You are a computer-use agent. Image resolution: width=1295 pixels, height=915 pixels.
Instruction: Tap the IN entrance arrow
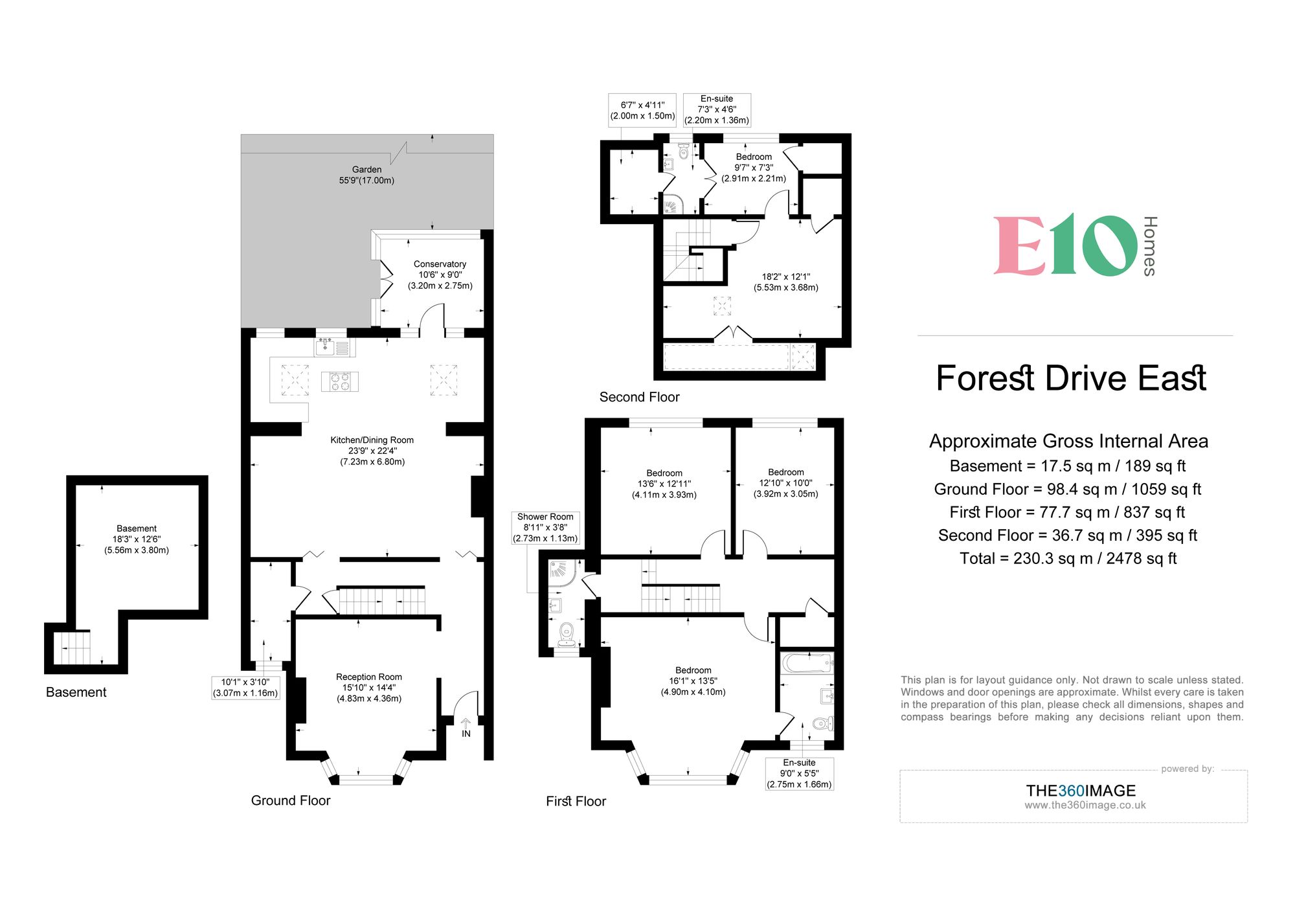(x=466, y=723)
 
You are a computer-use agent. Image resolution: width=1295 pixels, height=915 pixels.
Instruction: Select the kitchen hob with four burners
(x=340, y=381)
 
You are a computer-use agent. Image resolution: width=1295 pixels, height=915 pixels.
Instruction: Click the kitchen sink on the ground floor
(x=326, y=347)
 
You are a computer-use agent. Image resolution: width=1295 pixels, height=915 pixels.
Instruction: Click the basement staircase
(x=72, y=648)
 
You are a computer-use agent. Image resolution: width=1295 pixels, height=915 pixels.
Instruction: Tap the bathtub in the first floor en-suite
(x=806, y=663)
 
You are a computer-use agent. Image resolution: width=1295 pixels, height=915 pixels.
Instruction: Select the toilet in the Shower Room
(x=567, y=633)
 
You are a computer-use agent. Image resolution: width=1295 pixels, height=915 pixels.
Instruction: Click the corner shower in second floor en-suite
(x=671, y=205)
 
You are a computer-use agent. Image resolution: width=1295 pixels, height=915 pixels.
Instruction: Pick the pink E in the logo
(x=1019, y=245)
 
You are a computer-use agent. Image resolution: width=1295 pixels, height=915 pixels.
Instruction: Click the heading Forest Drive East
(x=1071, y=378)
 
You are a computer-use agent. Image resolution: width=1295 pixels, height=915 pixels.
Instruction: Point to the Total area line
(x=1068, y=558)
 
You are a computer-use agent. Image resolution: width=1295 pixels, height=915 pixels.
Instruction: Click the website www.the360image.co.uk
(x=1085, y=805)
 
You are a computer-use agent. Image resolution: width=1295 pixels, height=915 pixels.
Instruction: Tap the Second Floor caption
(x=639, y=397)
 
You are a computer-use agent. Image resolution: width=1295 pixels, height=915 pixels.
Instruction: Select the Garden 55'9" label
(x=366, y=175)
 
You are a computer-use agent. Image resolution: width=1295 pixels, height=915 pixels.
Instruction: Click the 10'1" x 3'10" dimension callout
(x=245, y=688)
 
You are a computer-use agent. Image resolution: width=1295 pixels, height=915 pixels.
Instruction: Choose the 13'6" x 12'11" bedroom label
(x=664, y=484)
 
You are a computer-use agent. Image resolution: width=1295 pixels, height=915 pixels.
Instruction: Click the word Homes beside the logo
(x=1149, y=246)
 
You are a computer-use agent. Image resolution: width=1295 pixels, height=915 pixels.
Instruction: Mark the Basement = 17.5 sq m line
(x=1068, y=466)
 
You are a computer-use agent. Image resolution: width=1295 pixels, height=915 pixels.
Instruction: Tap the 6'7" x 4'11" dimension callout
(x=642, y=110)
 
